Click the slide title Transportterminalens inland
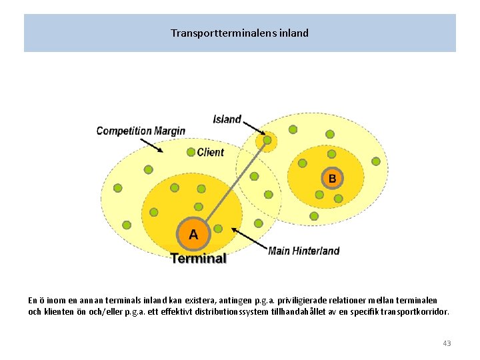(x=239, y=33)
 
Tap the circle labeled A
(x=193, y=234)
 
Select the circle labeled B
(x=333, y=178)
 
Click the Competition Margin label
(x=141, y=131)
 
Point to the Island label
(x=227, y=119)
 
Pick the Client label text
(x=211, y=152)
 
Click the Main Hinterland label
(x=303, y=251)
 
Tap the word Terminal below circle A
(x=198, y=258)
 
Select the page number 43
(x=446, y=343)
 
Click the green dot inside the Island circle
(x=267, y=141)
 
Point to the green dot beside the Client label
(x=191, y=152)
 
